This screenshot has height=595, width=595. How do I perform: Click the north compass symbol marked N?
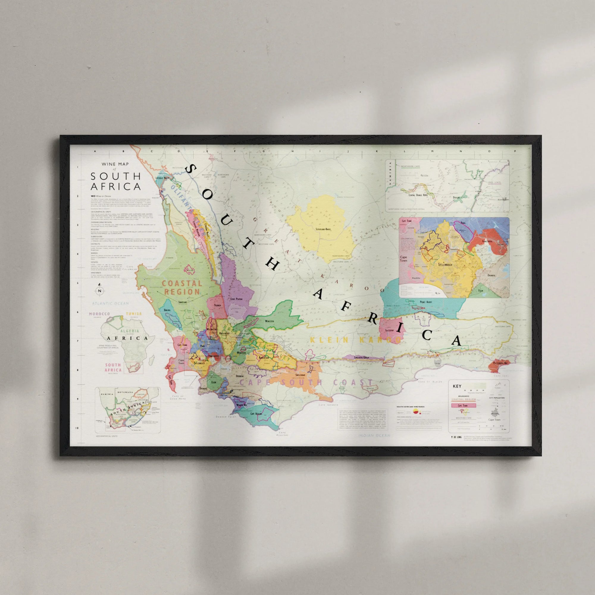pyautogui.click(x=99, y=290)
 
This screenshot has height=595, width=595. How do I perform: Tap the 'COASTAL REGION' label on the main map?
pyautogui.click(x=182, y=287)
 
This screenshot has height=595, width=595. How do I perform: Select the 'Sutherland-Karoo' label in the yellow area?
pyautogui.click(x=323, y=229)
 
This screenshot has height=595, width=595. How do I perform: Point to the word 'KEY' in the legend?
pyautogui.click(x=457, y=386)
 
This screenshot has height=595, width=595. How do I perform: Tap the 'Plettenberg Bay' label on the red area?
pyautogui.click(x=500, y=363)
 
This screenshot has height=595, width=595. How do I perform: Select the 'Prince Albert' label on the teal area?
pyautogui.click(x=426, y=302)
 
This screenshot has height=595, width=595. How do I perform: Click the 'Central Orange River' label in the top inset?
pyautogui.click(x=418, y=195)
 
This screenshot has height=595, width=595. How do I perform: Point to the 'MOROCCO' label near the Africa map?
pyautogui.click(x=99, y=314)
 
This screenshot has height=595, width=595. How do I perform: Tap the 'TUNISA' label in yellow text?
pyautogui.click(x=134, y=314)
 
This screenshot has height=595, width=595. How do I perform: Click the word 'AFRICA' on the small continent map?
pyautogui.click(x=127, y=338)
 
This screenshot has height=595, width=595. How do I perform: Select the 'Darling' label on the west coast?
pyautogui.click(x=167, y=310)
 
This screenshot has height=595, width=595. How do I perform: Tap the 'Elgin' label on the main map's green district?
pyautogui.click(x=213, y=382)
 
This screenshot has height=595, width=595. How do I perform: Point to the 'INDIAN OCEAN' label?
pyautogui.click(x=374, y=436)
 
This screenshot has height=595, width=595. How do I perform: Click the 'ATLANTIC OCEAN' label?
pyautogui.click(x=110, y=303)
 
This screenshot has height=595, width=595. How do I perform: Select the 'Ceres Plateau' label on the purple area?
pyautogui.click(x=237, y=299)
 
